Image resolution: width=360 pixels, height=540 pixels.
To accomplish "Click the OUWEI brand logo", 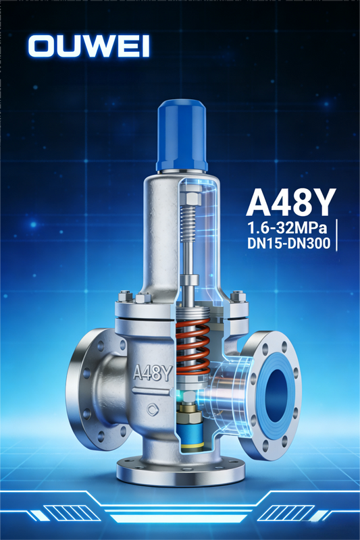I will pyautogui.click(x=88, y=46).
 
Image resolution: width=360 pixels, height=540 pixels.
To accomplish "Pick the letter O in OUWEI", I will pyautogui.click(x=43, y=46).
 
